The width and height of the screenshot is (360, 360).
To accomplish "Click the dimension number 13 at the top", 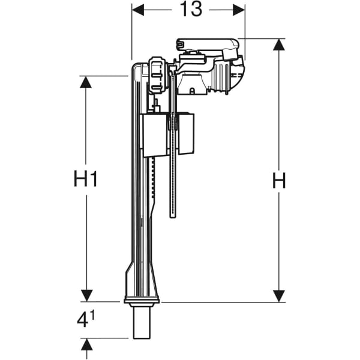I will (x=188, y=10).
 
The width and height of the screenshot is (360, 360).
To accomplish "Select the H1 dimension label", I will (x=86, y=179).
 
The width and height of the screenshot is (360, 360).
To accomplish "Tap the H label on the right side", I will (x=278, y=181).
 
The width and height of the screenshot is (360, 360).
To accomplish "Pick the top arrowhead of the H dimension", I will (x=278, y=45).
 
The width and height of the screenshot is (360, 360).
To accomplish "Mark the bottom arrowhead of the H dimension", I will (x=278, y=295).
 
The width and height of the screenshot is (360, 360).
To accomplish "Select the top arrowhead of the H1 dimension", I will (x=86, y=82).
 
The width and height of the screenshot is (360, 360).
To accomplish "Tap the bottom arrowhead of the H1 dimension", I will (x=86, y=295).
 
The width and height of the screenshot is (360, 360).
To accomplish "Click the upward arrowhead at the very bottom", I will (x=86, y=344).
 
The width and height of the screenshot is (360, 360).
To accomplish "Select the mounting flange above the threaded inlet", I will (x=141, y=299).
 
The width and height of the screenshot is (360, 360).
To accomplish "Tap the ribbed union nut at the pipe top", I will (x=157, y=75).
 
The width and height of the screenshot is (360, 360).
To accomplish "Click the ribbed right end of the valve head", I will (x=235, y=74).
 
